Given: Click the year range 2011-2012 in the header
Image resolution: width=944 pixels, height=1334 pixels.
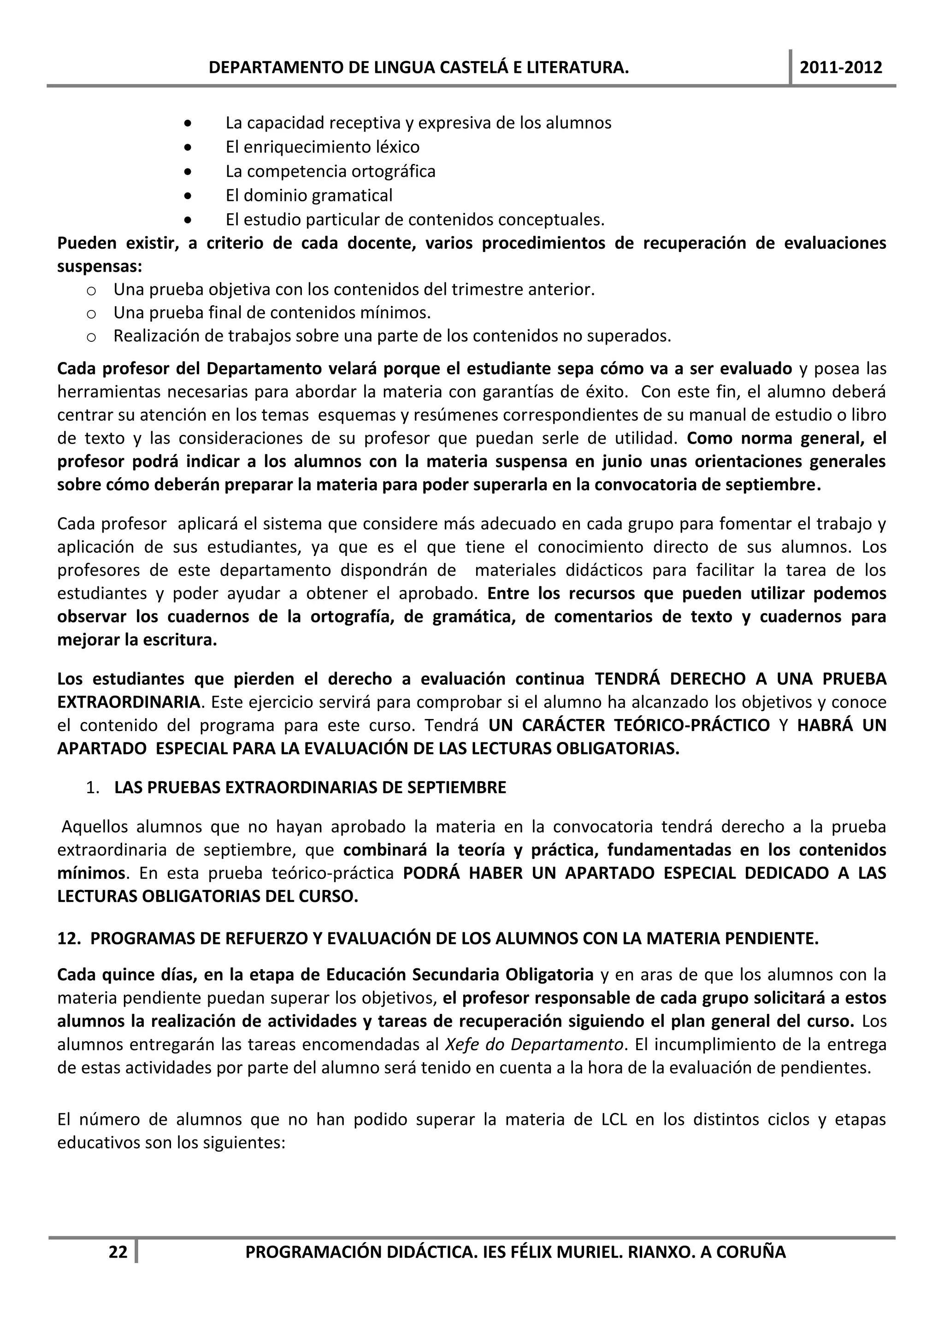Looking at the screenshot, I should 841,67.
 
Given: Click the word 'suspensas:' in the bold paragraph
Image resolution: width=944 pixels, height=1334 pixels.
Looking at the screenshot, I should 100,267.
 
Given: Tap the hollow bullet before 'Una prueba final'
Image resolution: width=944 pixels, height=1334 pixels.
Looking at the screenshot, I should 91,314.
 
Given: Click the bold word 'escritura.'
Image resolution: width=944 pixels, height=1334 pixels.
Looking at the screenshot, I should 184,640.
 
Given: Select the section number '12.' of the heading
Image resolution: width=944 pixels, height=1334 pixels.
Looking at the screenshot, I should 69,939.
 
